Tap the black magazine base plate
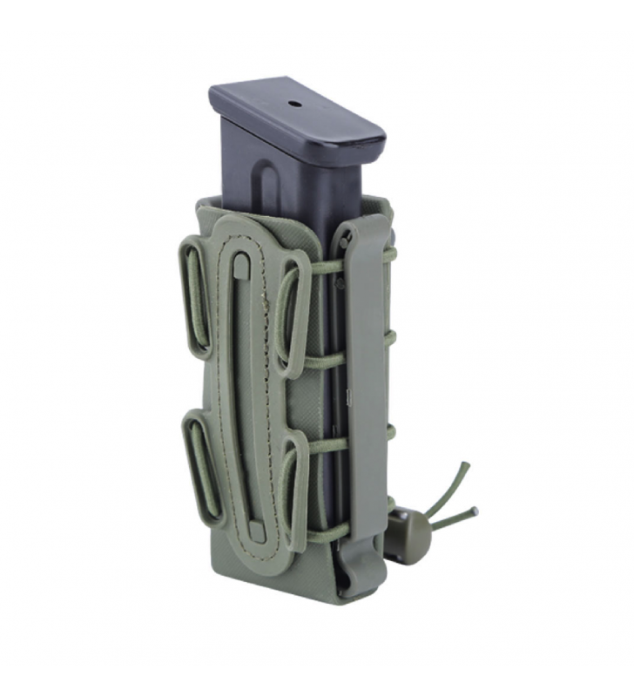(296, 113)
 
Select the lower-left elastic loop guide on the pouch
(199, 466)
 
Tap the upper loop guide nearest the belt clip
(293, 314)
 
